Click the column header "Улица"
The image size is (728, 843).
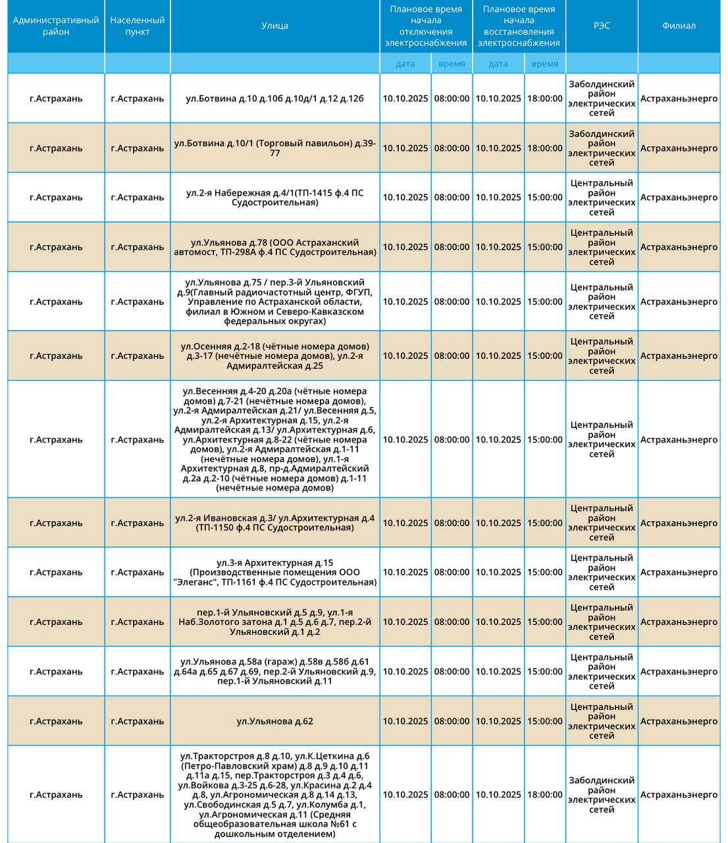tap(274, 26)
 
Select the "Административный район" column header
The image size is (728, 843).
tap(56, 26)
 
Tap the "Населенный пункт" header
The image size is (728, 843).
tap(137, 26)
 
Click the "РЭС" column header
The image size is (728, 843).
tap(601, 26)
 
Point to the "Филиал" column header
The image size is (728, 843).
tap(679, 26)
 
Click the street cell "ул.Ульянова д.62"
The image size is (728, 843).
tap(274, 721)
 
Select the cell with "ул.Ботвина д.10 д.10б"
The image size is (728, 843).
tap(274, 99)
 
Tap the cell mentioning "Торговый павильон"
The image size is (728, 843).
tap(274, 148)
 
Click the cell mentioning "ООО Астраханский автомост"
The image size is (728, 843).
tap(274, 247)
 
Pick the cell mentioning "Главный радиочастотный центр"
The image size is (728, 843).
tap(274, 302)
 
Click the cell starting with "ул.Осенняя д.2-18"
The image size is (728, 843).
tap(274, 356)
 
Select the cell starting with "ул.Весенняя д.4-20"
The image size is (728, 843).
tap(274, 439)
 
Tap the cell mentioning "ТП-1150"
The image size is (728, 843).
tap(274, 523)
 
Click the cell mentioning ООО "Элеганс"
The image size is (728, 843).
tap(274, 572)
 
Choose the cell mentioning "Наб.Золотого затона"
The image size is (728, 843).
tap(274, 622)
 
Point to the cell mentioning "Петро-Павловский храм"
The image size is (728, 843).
tap(274, 794)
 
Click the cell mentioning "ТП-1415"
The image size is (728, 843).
tap(274, 198)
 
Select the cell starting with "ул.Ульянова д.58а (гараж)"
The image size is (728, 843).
tap(274, 671)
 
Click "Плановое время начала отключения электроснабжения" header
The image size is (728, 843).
tap(425, 26)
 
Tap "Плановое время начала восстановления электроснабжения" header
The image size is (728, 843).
tap(519, 26)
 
